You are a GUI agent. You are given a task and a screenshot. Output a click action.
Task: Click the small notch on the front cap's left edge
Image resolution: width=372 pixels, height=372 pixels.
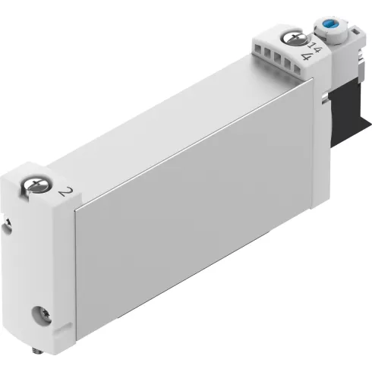(8, 222)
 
